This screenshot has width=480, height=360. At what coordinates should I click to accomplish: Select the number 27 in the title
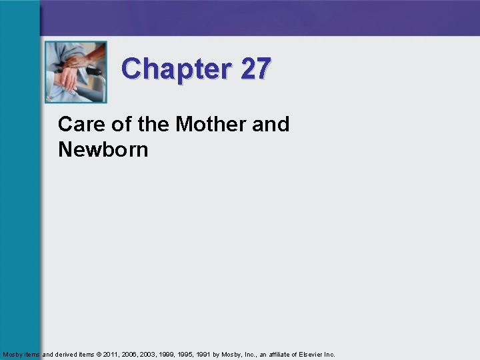[256, 69]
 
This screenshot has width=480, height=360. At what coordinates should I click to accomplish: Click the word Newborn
[103, 149]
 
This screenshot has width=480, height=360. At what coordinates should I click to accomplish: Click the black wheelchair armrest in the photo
[93, 70]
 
